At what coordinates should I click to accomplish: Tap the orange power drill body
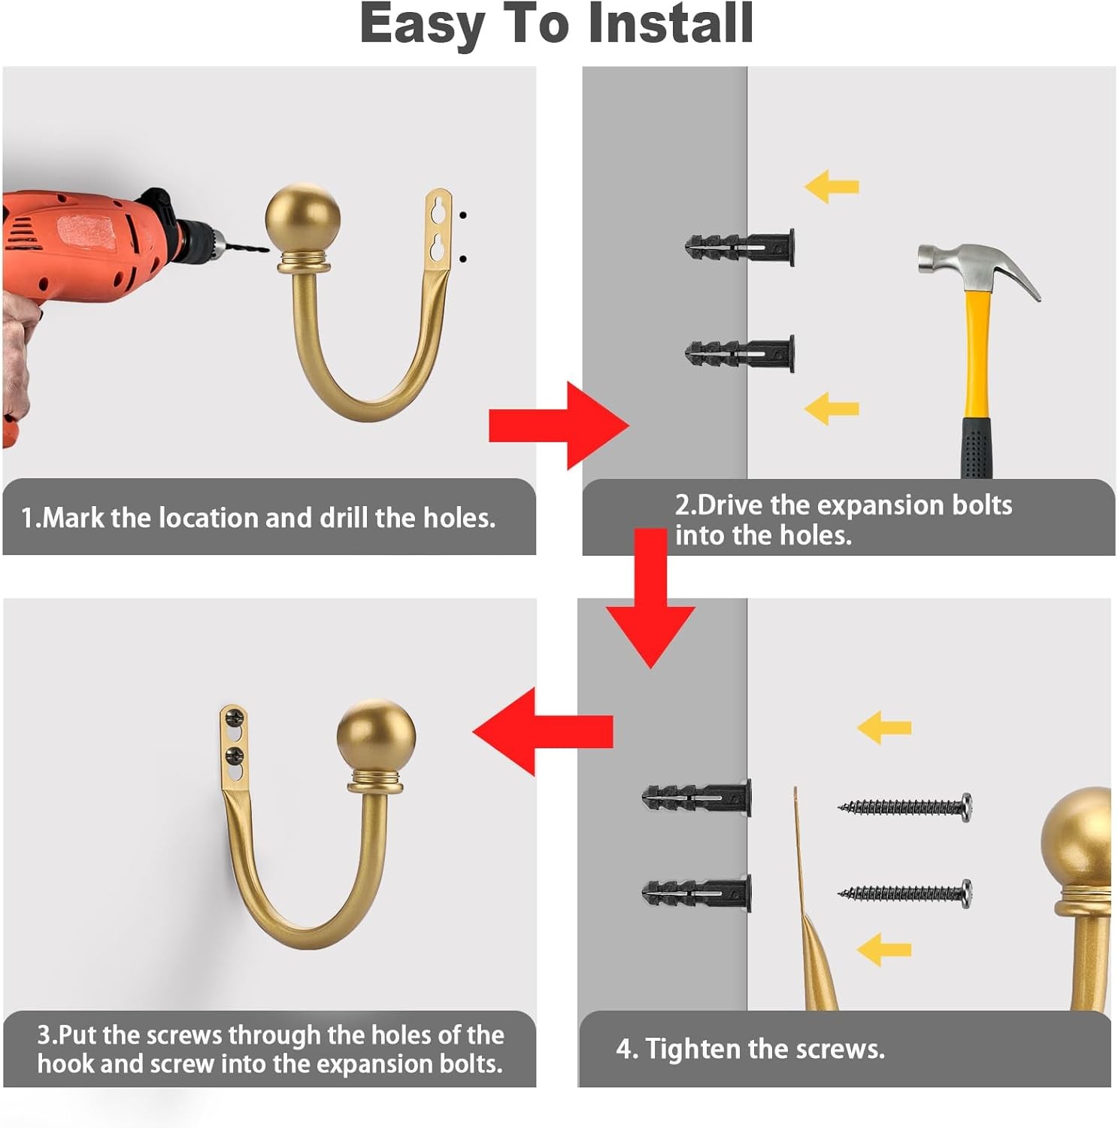point(83,248)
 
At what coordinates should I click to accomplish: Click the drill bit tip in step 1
point(266,250)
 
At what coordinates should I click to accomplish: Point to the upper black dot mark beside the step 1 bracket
point(463,215)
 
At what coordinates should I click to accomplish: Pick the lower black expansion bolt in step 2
point(740,351)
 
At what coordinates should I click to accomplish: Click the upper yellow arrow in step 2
point(831,186)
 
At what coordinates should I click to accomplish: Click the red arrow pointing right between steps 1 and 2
point(559,426)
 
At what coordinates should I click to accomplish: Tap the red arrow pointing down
point(650,598)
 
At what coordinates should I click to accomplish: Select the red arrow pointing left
point(543,731)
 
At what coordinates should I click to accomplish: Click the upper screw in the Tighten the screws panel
point(904,807)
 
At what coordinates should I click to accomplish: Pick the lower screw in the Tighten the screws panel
point(904,893)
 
